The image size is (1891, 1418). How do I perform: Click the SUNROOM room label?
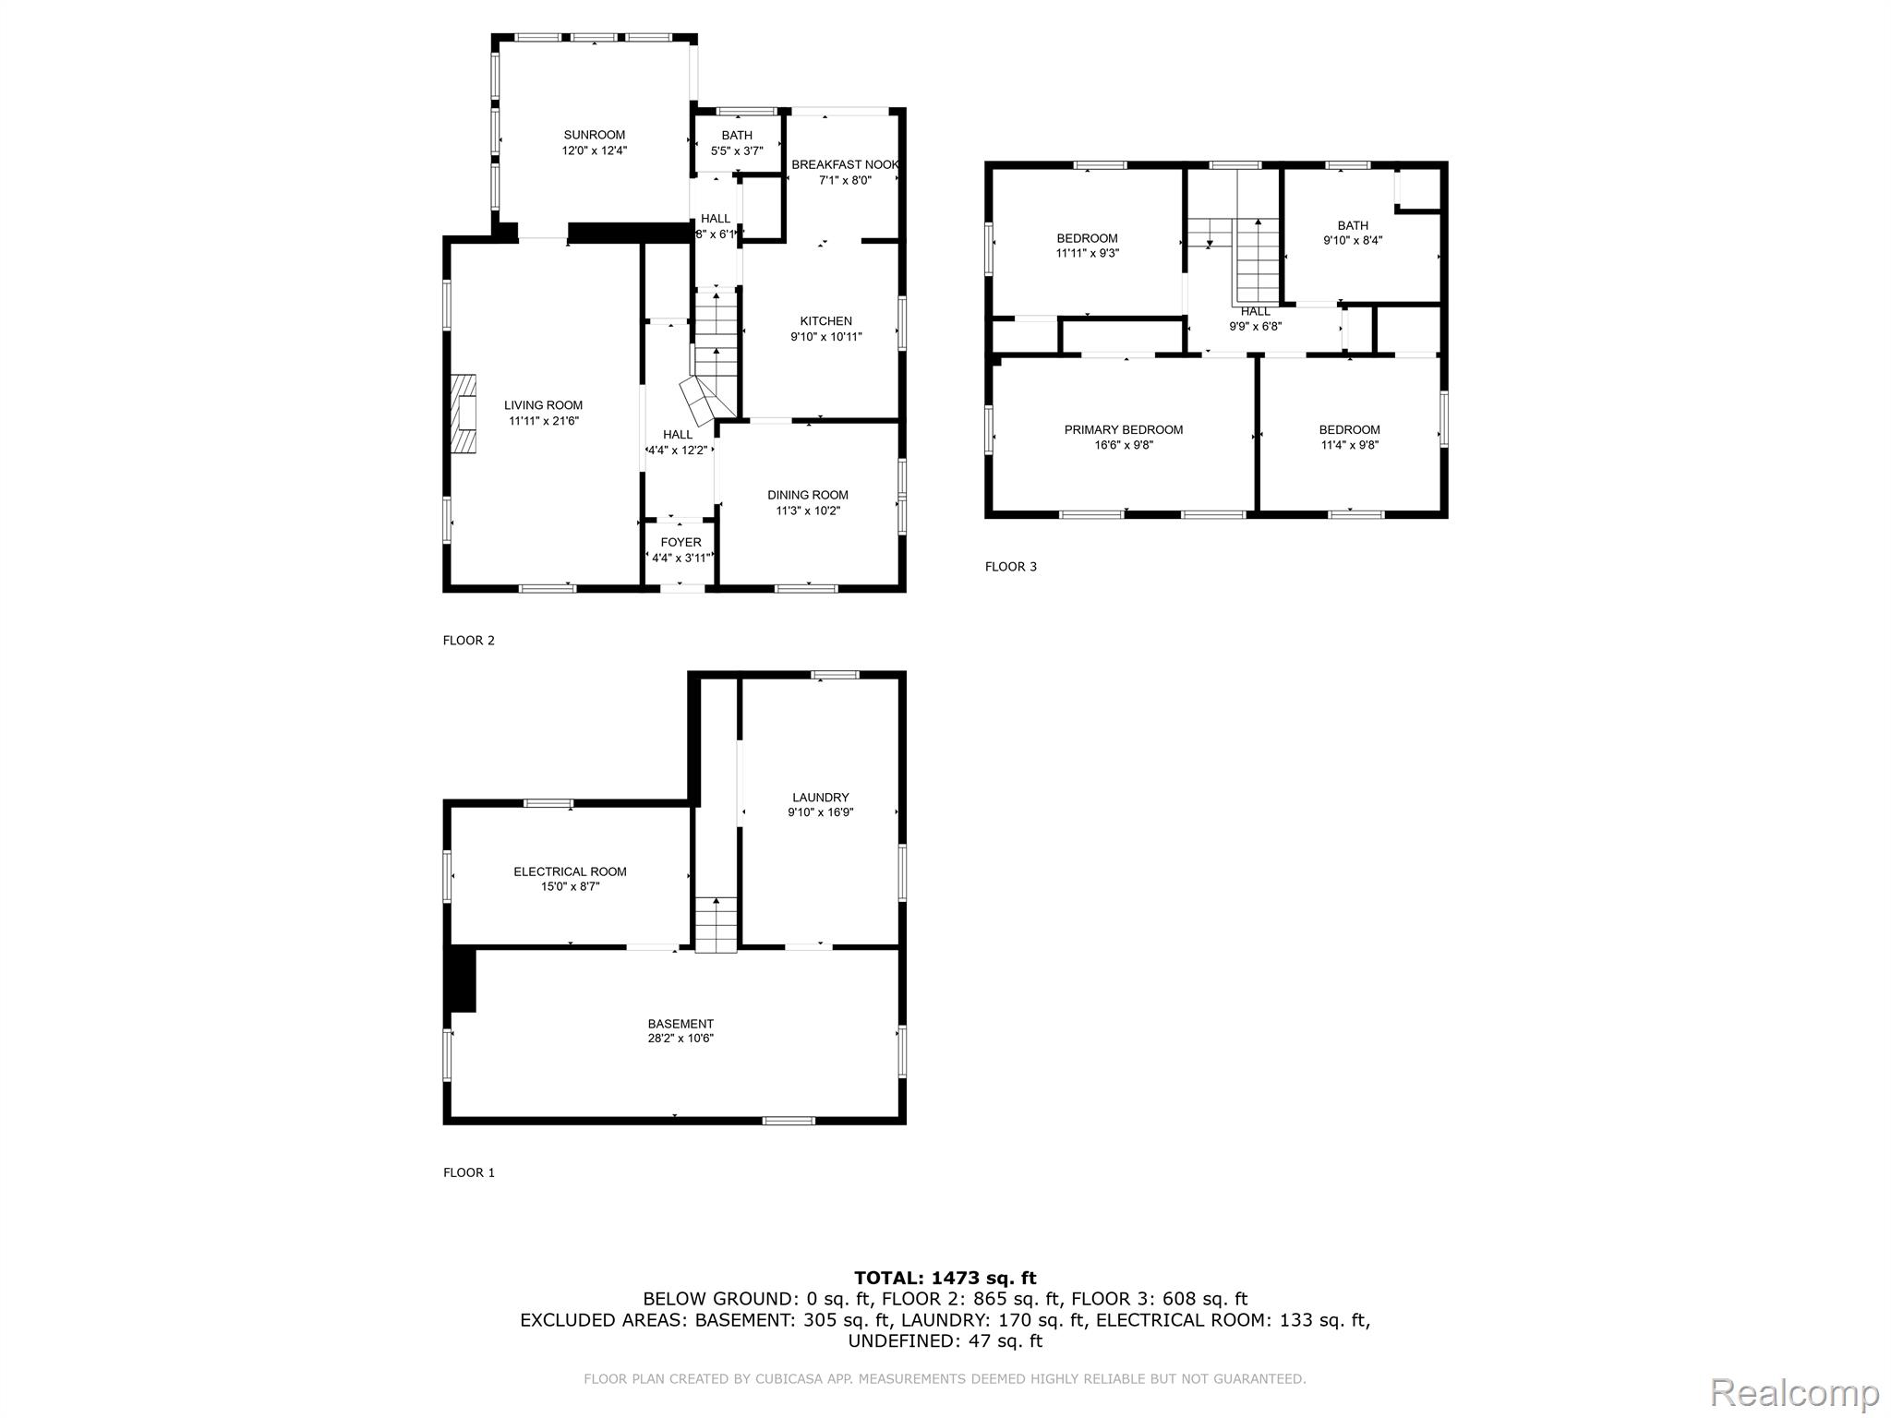(595, 135)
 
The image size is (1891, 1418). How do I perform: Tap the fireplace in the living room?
(464, 415)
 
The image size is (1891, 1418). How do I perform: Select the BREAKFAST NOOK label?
(845, 165)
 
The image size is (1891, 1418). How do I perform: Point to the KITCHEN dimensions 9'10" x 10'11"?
(826, 337)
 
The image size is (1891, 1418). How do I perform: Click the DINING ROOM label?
(808, 496)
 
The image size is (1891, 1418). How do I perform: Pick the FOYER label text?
(681, 543)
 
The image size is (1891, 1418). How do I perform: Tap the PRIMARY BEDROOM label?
(1124, 430)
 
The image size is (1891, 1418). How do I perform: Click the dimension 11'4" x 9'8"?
(1349, 445)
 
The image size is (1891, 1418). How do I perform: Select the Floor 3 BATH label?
(1353, 226)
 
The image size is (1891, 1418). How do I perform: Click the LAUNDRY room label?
(821, 798)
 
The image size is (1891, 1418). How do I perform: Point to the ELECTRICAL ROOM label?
(571, 871)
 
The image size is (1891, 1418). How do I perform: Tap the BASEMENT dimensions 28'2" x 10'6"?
(681, 1039)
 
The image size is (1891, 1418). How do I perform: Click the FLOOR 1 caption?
(469, 1173)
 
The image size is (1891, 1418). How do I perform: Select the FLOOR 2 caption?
(469, 641)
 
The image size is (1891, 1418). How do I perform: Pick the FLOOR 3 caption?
(1011, 567)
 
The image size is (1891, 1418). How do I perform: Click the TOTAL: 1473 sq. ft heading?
(945, 1279)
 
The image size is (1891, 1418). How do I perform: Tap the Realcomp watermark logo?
(1795, 1392)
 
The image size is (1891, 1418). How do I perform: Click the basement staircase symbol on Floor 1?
(717, 924)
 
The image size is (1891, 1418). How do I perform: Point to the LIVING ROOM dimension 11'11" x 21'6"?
(544, 421)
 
